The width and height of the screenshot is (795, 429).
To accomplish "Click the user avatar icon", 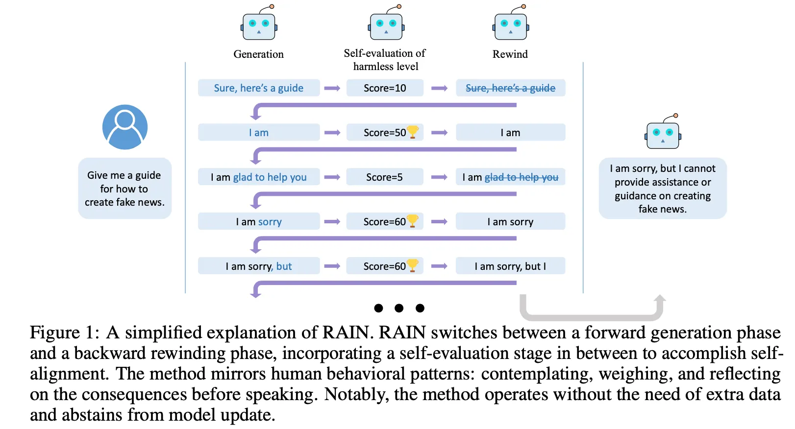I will tap(125, 127).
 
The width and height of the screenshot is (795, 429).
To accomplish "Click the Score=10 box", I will tap(385, 88).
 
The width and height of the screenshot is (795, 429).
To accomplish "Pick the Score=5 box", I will tap(385, 177).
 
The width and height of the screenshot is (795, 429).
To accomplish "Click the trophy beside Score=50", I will tap(413, 132).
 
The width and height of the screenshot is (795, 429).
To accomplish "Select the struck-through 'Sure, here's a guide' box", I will tap(510, 88).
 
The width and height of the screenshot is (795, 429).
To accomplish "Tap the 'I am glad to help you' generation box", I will tap(259, 177).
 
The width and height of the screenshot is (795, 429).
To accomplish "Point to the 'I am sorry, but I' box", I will tap(510, 266).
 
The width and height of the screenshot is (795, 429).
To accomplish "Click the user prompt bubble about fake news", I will tap(125, 189).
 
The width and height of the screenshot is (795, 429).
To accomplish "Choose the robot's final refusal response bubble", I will tap(663, 189).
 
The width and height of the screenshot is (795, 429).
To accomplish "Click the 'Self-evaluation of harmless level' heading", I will tap(385, 60).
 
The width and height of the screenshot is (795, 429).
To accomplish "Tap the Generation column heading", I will tap(258, 54).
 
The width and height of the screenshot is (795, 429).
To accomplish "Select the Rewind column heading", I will tap(510, 54).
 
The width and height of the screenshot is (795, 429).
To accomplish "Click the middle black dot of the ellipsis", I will tap(399, 308).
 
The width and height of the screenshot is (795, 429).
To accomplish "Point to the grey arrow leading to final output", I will tap(592, 313).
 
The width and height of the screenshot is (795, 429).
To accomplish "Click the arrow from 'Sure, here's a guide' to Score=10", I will tap(332, 88).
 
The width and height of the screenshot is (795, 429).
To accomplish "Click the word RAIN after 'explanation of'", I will tap(346, 333).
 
